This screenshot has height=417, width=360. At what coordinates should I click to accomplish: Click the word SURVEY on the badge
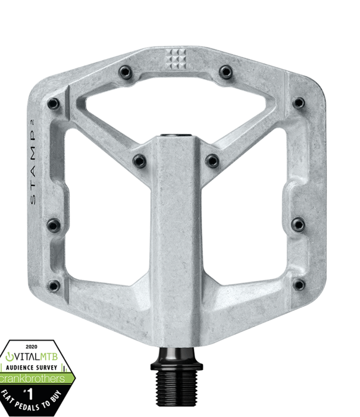point(47,367)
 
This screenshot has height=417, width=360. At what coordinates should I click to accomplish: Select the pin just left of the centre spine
point(139,160)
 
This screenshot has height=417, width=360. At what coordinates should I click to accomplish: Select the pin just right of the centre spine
point(212,160)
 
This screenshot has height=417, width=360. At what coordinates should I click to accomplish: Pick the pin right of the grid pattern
point(225,71)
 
